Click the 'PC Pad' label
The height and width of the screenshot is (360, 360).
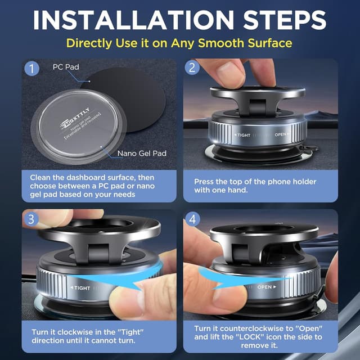pos(65,67)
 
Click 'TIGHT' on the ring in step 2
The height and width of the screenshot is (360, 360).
pos(243,136)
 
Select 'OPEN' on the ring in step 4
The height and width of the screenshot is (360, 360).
pos(265,287)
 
